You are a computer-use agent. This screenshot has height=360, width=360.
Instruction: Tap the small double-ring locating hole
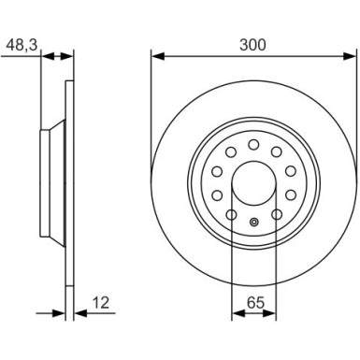coord(254,223)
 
